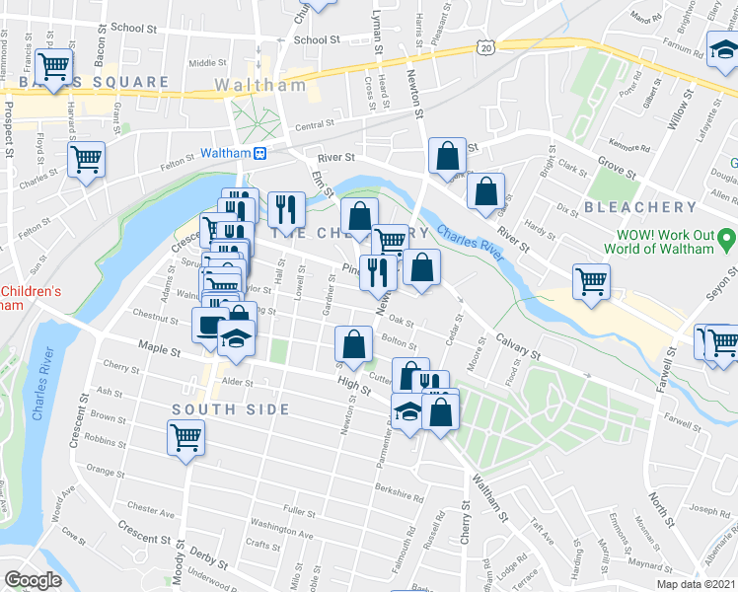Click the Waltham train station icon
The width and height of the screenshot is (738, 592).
(260, 153)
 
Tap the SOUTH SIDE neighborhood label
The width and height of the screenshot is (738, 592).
(231, 409)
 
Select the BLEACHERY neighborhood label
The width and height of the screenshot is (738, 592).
(640, 207)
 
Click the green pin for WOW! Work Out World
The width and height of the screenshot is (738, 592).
(726, 238)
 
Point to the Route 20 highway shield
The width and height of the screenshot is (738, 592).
(483, 46)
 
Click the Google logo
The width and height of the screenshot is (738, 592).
(33, 580)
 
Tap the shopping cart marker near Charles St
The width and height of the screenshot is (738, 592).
(87, 158)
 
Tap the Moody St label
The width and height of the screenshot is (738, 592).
(181, 565)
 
